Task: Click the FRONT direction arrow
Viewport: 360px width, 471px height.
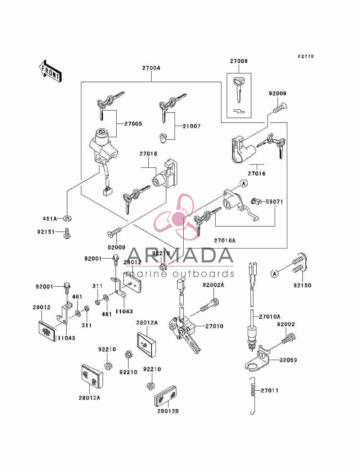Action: tap(50, 71)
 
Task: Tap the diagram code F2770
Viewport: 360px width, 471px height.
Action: tap(306, 57)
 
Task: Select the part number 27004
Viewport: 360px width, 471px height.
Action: tap(151, 68)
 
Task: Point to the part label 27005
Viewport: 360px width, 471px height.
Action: tap(133, 124)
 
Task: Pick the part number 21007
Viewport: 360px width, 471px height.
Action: tap(192, 126)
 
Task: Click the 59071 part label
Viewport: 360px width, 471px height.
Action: tap(274, 202)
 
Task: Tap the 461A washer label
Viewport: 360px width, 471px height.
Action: tap(50, 219)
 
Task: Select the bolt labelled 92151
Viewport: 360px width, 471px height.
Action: tap(67, 233)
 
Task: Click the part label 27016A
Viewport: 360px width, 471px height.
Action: tap(225, 241)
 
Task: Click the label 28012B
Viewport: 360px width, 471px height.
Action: tap(168, 411)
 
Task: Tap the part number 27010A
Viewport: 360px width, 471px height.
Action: tap(270, 317)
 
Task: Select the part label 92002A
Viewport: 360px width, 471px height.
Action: tap(213, 285)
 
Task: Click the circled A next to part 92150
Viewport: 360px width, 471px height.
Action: tap(274, 274)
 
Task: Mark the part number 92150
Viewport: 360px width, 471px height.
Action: tap(302, 286)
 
